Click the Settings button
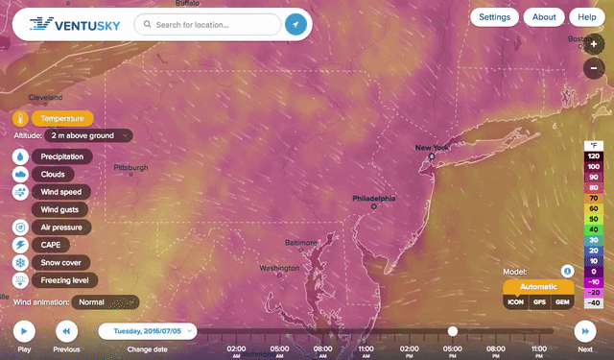coord(495,17)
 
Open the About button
coord(544,17)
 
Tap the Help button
coord(583,17)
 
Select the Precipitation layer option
coord(62,156)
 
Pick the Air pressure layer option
coord(62,228)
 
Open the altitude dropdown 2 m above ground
coord(86,136)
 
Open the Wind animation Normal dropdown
coord(105,301)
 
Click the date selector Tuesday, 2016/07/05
coord(148,331)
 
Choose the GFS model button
coord(538,301)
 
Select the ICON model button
coord(516,301)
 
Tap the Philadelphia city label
coord(373,200)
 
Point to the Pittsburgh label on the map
coord(130,167)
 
